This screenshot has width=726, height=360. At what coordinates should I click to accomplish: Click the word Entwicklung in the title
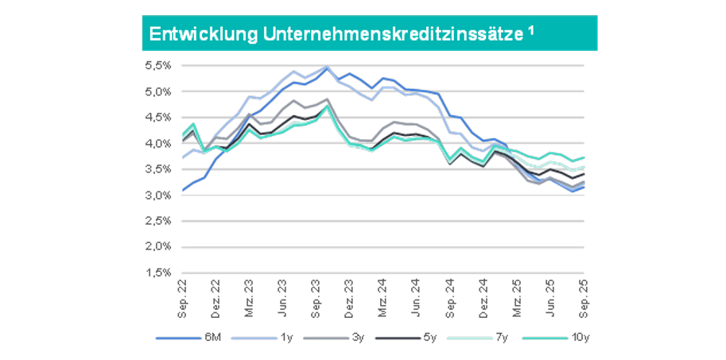(188, 34)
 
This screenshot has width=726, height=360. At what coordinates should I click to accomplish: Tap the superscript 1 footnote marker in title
(530, 30)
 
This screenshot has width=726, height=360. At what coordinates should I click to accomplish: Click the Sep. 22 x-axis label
(182, 294)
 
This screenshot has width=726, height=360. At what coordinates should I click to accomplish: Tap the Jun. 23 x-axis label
(282, 294)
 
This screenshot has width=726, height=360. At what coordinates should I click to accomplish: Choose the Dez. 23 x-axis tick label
(349, 294)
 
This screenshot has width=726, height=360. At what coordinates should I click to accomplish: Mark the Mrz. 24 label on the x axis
(382, 294)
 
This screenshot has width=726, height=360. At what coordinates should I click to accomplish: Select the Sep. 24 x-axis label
(449, 294)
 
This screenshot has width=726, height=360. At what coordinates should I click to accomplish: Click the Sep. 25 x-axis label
(584, 294)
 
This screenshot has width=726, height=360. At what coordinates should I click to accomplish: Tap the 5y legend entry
(429, 338)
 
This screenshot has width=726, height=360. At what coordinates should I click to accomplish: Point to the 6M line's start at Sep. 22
(183, 191)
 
